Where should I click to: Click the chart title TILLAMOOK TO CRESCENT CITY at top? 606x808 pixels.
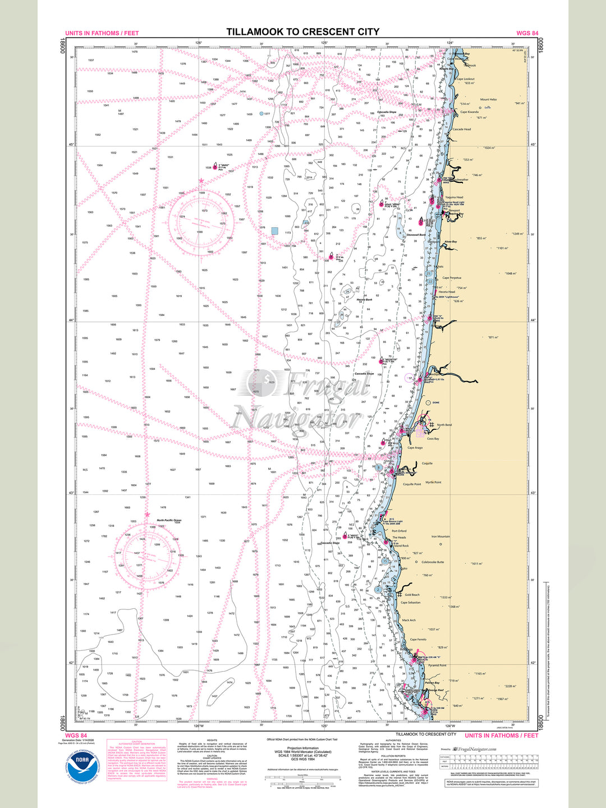(x=303, y=32)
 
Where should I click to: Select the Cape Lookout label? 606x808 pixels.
(x=465, y=79)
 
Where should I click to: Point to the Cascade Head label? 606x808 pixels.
(x=462, y=129)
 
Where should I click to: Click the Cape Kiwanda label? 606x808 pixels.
(x=469, y=112)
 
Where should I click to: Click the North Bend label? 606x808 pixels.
(x=444, y=425)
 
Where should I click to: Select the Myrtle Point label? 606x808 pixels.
(x=433, y=482)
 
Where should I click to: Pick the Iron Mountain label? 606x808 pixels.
(x=440, y=536)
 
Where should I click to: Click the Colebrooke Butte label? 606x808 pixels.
(x=433, y=562)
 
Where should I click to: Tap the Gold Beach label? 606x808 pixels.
(x=412, y=595)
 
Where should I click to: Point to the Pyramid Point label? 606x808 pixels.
(x=437, y=665)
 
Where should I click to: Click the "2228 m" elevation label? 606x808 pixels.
(x=510, y=686)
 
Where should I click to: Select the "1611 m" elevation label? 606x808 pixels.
(x=476, y=563)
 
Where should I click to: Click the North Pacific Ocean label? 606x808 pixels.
(x=169, y=520)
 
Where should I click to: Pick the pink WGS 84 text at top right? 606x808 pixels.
(x=527, y=33)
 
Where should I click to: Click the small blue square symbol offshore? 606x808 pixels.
(x=274, y=231)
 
